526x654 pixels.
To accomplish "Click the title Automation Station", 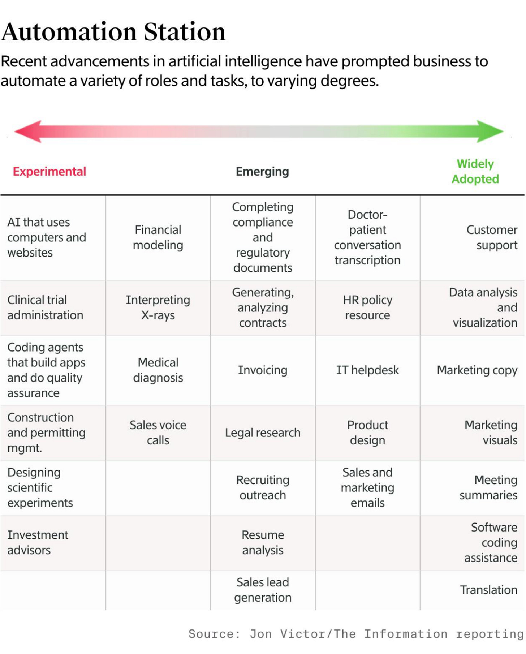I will tap(113, 32).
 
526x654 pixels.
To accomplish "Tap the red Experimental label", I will tap(49, 171).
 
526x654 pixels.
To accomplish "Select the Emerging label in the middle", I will tap(262, 171).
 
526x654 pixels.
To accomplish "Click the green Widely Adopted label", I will tap(475, 171).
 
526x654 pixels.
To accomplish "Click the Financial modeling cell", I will tap(158, 237).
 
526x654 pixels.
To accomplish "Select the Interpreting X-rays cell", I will tap(158, 307).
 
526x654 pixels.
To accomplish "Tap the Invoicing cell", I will tap(263, 370).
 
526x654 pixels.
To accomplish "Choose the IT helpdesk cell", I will tap(367, 370).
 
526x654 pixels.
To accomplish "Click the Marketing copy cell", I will tap(477, 370).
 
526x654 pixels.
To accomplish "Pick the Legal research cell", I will tap(263, 433).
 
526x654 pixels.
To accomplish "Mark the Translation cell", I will tap(488, 590).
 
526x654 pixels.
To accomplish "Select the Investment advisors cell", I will tap(38, 542).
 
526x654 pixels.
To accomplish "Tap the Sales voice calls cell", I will tap(158, 433).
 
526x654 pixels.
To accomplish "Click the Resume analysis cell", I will tap(263, 542).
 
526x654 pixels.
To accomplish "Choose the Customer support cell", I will tap(492, 237).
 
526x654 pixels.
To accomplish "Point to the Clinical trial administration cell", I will tap(45, 307).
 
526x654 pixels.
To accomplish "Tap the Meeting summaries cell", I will tap(488, 487).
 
